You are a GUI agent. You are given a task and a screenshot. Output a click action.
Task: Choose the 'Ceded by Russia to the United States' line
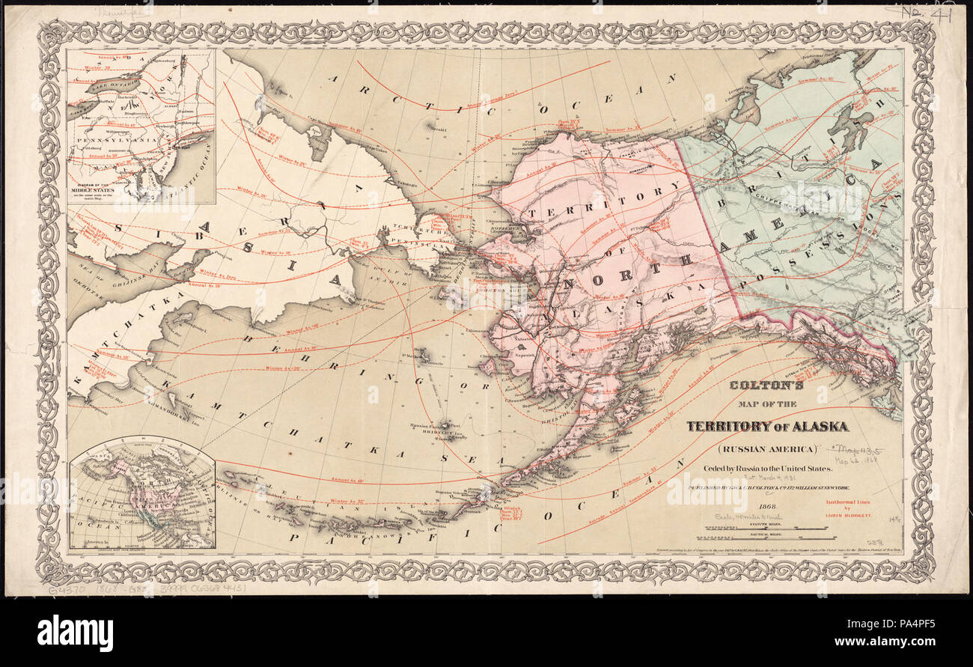(766, 469)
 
